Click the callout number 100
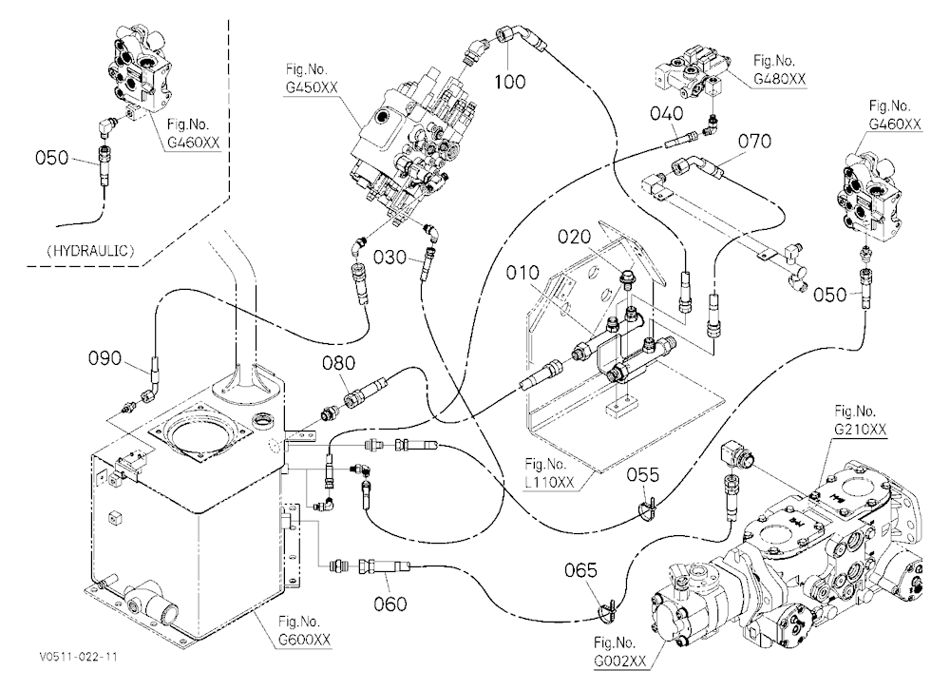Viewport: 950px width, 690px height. pyautogui.click(x=510, y=81)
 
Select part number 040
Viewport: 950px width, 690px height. pyautogui.click(x=667, y=113)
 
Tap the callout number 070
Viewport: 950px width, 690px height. pyautogui.click(x=755, y=142)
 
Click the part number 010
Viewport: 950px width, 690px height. pyautogui.click(x=522, y=273)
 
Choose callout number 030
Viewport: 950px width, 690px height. pyautogui.click(x=389, y=258)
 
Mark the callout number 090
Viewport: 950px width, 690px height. pyautogui.click(x=105, y=358)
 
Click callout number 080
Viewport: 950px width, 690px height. pyautogui.click(x=339, y=363)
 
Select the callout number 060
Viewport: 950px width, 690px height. pyautogui.click(x=390, y=604)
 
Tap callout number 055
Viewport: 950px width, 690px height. pyautogui.click(x=643, y=475)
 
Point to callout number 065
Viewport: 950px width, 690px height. pyautogui.click(x=581, y=570)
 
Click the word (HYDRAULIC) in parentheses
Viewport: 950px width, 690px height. pyautogui.click(x=90, y=251)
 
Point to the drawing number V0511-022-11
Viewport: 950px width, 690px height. pyautogui.click(x=78, y=657)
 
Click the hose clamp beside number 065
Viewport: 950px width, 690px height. pyautogui.click(x=606, y=611)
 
